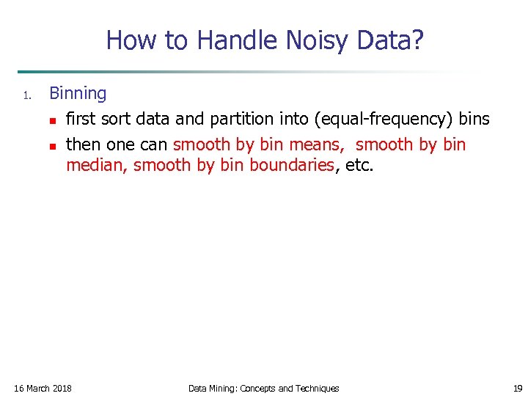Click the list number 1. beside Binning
point(26,95)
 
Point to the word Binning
point(78,94)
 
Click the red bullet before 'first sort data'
point(53,120)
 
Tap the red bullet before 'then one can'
point(53,145)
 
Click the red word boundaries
point(292,165)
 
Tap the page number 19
point(518,388)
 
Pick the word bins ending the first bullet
point(474,119)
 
